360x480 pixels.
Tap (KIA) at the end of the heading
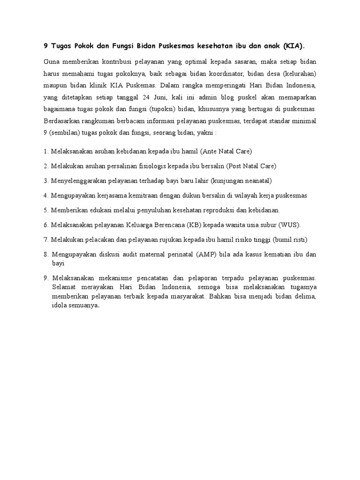pos(293,46)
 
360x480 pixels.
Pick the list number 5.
pos(45,210)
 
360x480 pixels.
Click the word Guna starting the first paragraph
pos(52,62)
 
